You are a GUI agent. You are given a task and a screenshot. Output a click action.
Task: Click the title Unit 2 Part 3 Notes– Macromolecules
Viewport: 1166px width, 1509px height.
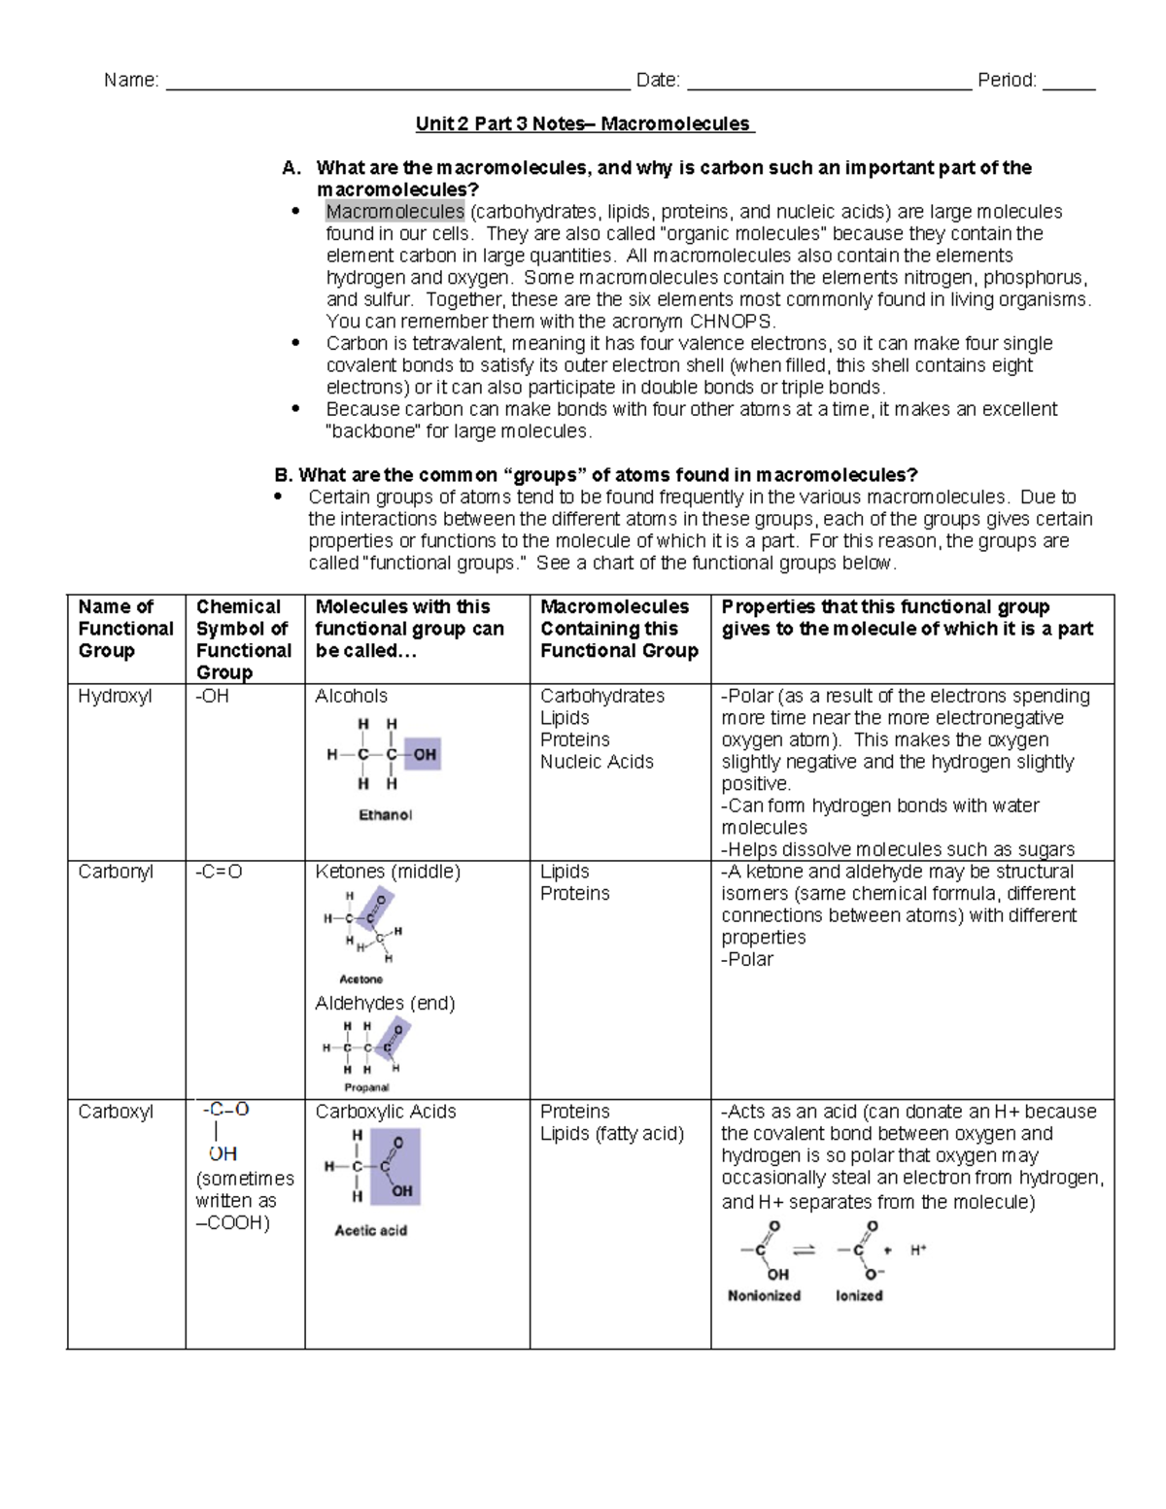pos(583,124)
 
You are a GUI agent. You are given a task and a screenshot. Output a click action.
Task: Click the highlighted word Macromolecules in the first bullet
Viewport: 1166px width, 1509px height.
pos(394,212)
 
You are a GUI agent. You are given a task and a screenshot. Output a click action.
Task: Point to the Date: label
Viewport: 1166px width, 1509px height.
pos(658,81)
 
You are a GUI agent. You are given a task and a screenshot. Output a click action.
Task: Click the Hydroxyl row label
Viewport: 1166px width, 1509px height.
pos(115,697)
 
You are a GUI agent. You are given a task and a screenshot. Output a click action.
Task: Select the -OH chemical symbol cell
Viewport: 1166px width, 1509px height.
pos(213,697)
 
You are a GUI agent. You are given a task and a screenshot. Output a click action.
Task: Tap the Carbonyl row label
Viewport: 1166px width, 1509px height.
pos(116,873)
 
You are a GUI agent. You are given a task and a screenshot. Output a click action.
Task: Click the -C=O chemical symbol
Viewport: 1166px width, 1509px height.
pos(219,873)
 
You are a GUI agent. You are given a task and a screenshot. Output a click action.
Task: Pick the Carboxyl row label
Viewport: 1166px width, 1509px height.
pos(116,1112)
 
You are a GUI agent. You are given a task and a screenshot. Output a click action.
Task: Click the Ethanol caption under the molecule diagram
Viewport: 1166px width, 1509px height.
pos(386,815)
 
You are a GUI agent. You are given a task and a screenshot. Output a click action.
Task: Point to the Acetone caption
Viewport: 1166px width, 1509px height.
pos(360,979)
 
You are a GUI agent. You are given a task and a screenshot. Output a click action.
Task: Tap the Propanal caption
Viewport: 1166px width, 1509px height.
pos(366,1087)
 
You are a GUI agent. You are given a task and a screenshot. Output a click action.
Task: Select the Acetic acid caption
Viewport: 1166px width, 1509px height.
pos(370,1230)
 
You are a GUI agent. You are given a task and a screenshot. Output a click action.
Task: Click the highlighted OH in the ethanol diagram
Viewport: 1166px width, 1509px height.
pos(424,754)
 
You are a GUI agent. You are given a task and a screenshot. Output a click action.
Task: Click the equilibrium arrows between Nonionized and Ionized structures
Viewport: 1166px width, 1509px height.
pos(804,1251)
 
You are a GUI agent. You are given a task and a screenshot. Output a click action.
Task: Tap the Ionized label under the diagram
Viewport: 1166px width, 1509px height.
pos(859,1295)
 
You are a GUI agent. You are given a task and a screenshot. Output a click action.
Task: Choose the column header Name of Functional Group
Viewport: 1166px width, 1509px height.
pos(125,629)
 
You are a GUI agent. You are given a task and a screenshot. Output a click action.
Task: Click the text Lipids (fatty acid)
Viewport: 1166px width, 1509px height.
pos(612,1134)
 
